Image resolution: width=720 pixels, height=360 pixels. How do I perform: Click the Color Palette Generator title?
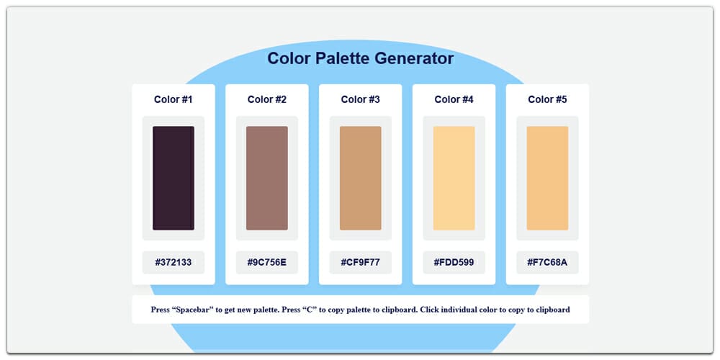coord(360,58)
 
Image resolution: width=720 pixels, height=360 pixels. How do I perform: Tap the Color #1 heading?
coord(173,99)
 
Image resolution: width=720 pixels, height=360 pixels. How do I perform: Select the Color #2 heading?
coord(266,99)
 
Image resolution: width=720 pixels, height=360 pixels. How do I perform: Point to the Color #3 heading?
coord(360,99)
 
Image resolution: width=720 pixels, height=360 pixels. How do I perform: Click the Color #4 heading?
coord(454,99)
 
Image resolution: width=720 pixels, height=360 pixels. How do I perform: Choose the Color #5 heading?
coord(547,99)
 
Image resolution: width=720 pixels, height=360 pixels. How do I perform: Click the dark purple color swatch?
coord(173,178)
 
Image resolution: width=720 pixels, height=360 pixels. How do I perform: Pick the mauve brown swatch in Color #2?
coord(266,178)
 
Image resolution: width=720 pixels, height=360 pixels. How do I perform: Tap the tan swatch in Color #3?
coord(360,178)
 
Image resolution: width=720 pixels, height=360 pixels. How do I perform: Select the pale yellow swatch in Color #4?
coord(454,178)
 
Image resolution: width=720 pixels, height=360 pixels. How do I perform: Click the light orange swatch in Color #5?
coord(547,178)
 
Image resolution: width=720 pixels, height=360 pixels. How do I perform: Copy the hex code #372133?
coord(173,262)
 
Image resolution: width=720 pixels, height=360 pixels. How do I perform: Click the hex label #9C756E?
coord(266,262)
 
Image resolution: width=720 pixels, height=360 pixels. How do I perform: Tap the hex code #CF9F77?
coord(360,262)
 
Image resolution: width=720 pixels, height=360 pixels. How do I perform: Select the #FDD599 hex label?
coord(454,262)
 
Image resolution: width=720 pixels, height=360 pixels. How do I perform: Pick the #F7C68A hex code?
coord(547,262)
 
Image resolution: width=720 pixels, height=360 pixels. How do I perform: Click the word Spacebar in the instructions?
coord(194,310)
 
